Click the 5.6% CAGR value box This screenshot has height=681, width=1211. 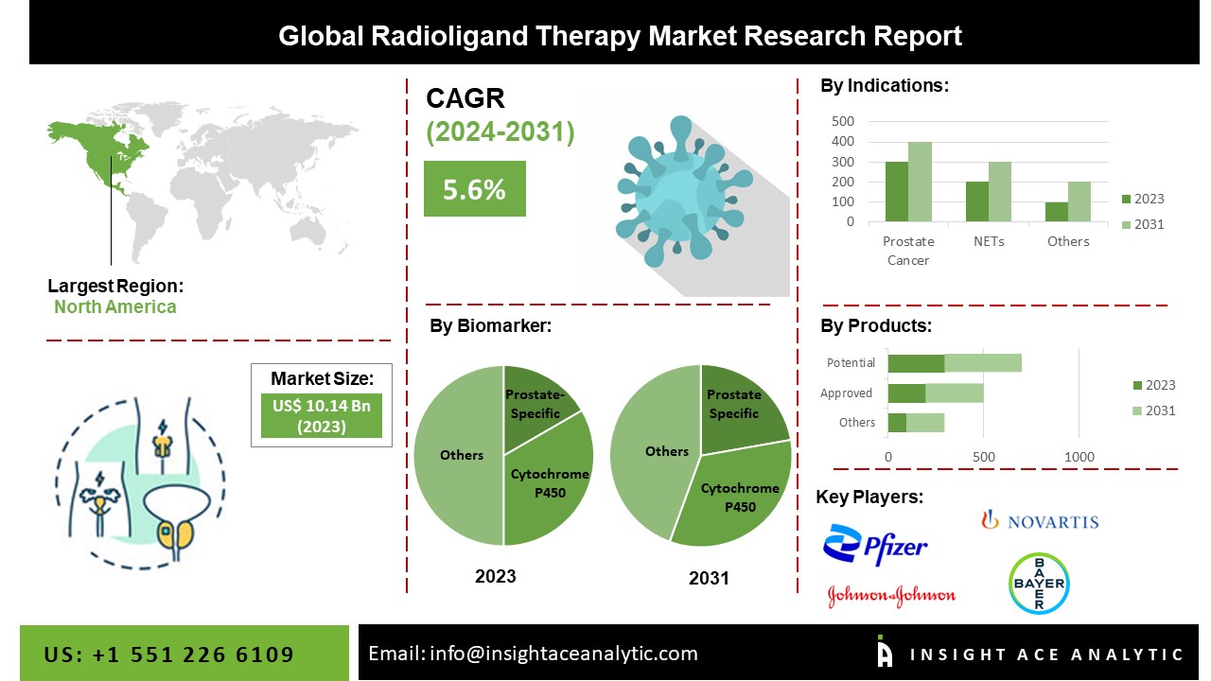coord(475,188)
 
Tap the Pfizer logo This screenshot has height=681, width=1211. coord(875,545)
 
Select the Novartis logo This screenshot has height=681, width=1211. coord(1040,520)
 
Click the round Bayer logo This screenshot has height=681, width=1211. coord(1039,584)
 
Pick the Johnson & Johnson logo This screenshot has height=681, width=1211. coord(891,596)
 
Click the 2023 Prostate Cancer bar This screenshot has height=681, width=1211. coord(897,192)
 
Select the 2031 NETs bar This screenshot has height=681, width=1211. coord(1000,192)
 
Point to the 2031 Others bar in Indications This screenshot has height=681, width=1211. coord(1079,201)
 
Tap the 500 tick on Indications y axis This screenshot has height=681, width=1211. coord(843,121)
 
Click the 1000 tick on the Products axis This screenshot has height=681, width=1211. coord(1079,457)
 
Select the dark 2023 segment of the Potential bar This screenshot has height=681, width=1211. coord(917,363)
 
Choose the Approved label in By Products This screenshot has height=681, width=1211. coord(846,393)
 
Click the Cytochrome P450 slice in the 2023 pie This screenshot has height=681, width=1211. coord(546,481)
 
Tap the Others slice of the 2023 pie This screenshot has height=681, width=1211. coord(460,455)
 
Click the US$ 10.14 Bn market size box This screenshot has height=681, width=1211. coord(322,415)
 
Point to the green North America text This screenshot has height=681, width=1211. coord(115,307)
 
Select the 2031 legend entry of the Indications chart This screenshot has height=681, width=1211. coord(1143,224)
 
